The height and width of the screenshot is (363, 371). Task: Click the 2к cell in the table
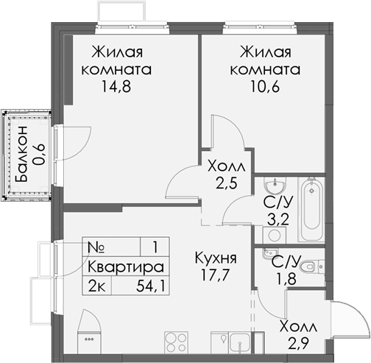tap(96, 286)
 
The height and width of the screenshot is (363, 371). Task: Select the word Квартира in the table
tap(124, 267)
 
